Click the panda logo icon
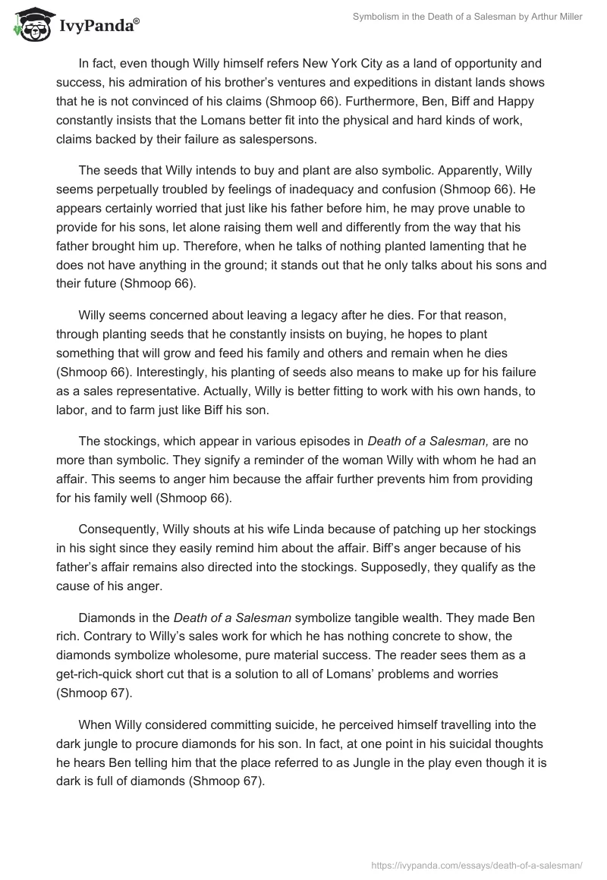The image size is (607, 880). click(30, 24)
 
